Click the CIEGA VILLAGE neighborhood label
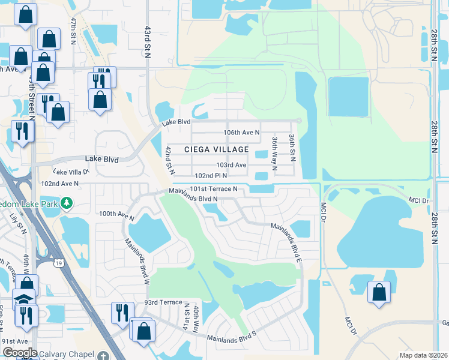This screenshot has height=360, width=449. pos(216,149)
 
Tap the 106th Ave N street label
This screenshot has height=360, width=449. pos(241,132)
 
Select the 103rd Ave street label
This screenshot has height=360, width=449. pos(232,165)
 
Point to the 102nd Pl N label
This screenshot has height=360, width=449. pos(211,176)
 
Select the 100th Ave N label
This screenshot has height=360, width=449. pos(116,214)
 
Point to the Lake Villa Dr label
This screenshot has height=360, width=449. pos(71,172)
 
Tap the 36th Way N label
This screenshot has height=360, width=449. pos(274,153)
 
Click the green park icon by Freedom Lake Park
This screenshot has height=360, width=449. pos(67,203)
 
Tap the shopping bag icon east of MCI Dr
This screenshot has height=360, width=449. pos(379,293)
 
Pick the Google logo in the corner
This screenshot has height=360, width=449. pos(20,352)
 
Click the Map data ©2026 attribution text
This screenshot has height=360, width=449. pos(423,355)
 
